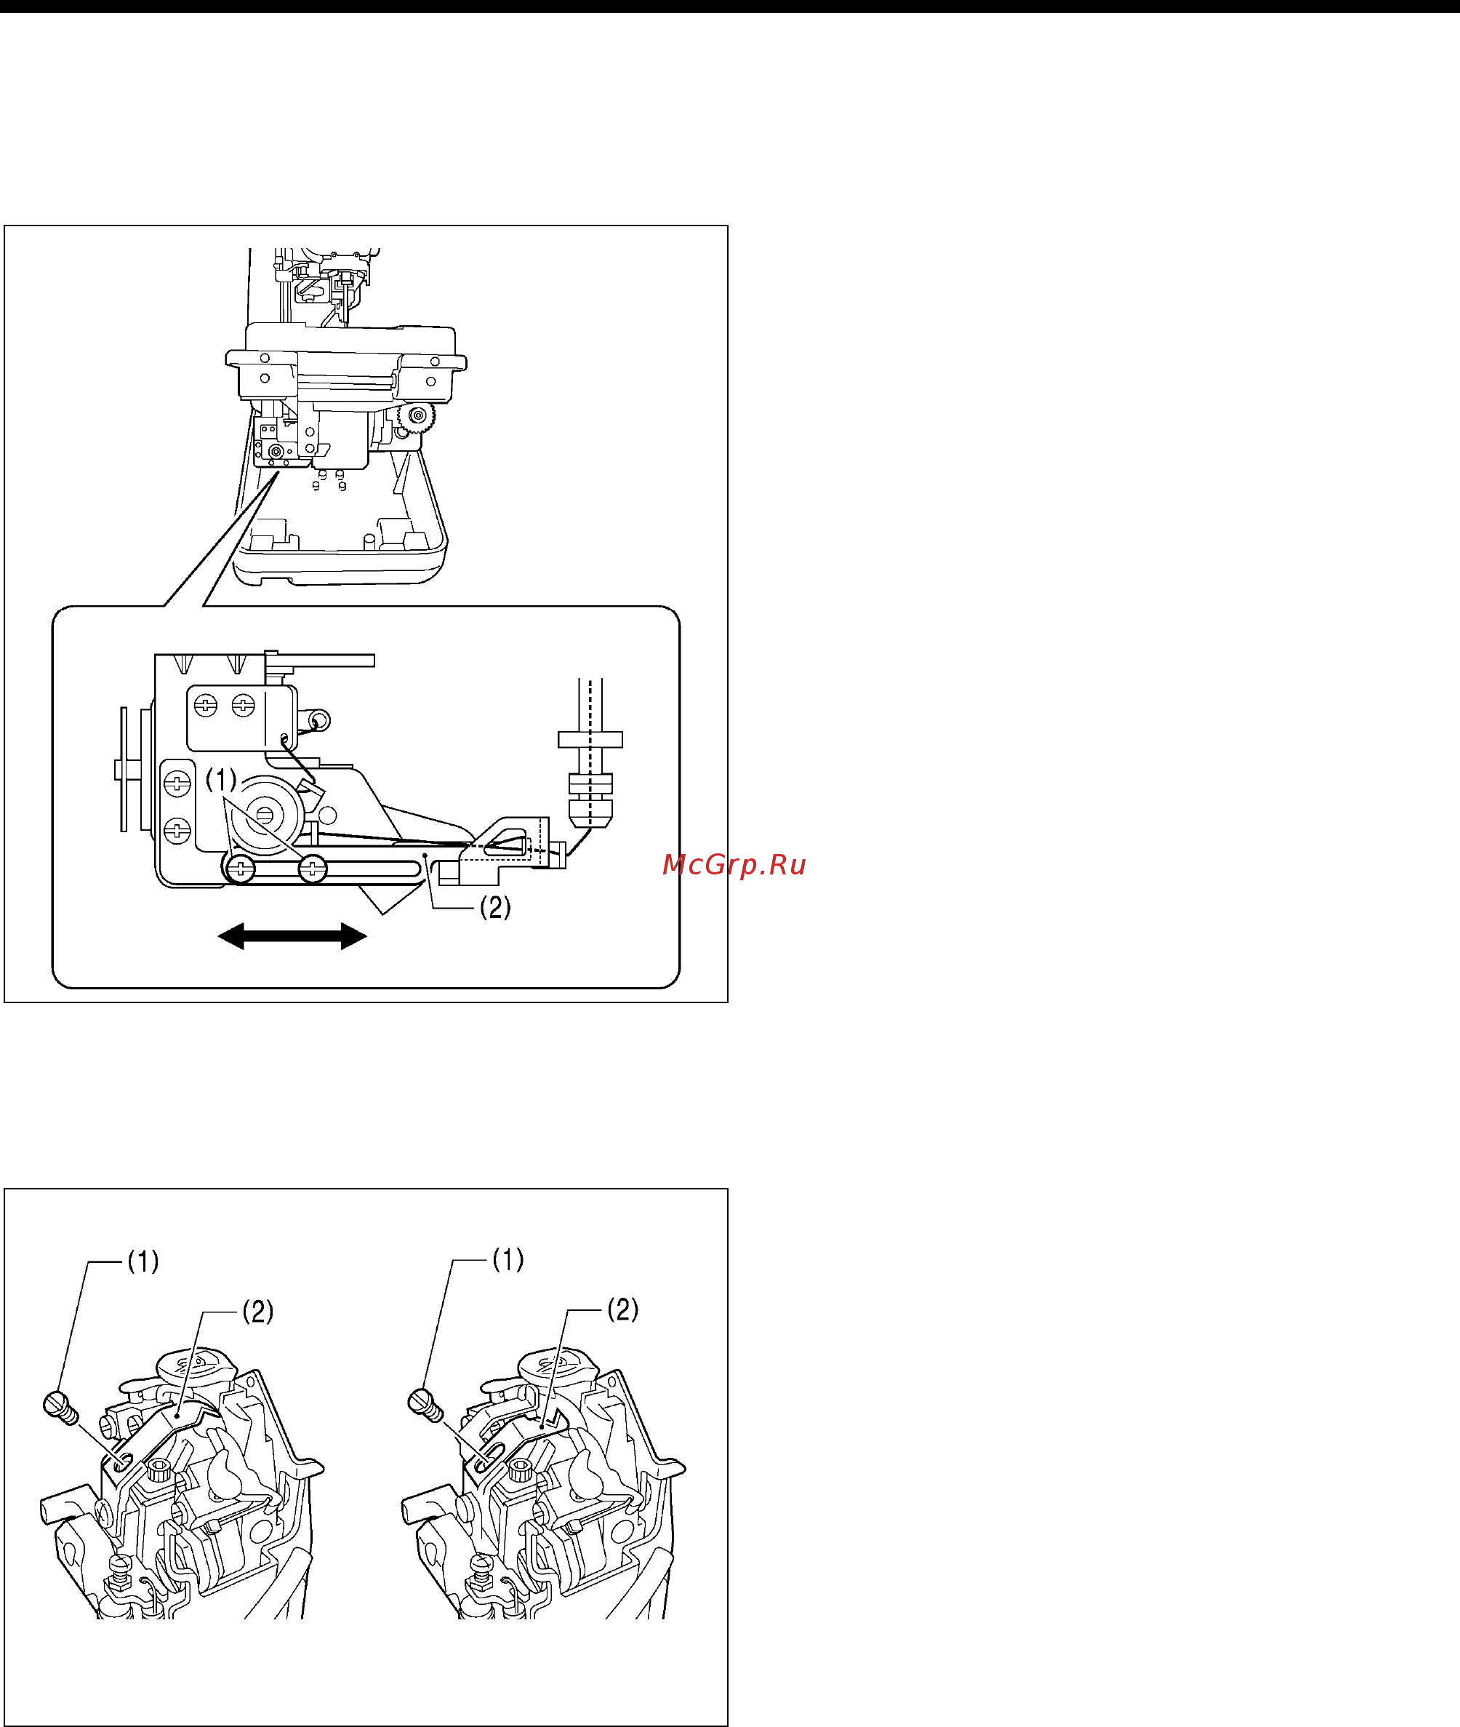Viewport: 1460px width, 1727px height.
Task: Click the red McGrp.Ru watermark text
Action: (x=734, y=865)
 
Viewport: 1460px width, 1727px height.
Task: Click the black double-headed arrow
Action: (x=292, y=936)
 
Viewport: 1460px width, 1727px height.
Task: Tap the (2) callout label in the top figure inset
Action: (x=495, y=908)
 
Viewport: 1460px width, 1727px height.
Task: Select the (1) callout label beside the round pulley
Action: (x=221, y=779)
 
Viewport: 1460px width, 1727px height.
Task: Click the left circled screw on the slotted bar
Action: (x=241, y=869)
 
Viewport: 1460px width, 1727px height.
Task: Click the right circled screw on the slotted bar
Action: (x=312, y=869)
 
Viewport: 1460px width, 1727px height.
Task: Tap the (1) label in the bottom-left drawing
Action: (x=143, y=1261)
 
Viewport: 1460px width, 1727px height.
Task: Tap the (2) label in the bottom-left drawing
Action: (x=257, y=1312)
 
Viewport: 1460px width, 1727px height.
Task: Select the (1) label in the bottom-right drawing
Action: (x=508, y=1260)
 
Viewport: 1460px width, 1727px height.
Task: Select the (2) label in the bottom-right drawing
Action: (x=622, y=1309)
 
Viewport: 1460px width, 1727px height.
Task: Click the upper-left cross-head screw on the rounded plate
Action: (x=205, y=706)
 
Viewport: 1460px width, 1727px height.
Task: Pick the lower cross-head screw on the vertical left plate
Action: (x=178, y=829)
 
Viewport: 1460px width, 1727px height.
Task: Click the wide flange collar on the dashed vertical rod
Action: (x=590, y=739)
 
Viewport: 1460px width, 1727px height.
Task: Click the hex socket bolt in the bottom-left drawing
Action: (x=157, y=1470)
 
